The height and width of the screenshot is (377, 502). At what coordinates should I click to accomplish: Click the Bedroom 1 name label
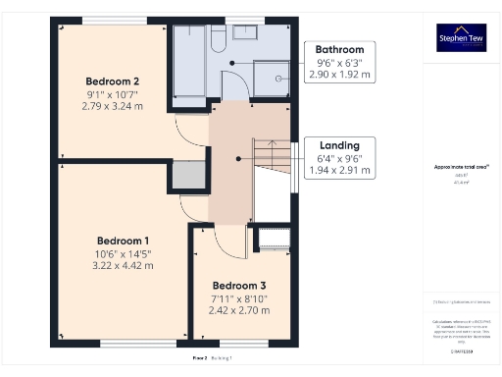coord(123,241)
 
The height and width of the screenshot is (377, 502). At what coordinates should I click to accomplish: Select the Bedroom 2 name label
coord(111,81)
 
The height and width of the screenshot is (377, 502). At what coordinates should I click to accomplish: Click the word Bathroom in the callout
coord(339,49)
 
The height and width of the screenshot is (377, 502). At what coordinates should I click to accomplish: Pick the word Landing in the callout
coord(339,145)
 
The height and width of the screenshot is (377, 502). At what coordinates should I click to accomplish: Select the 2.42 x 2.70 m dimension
coord(240,310)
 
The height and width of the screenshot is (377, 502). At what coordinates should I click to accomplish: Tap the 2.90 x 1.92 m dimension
coord(339,74)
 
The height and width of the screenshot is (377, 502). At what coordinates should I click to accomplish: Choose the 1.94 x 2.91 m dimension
coord(339,170)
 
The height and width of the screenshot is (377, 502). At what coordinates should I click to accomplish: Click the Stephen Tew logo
coord(461,37)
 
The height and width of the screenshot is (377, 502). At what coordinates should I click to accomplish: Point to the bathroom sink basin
coord(245,33)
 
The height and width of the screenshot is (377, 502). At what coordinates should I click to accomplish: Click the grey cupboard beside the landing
coord(189,176)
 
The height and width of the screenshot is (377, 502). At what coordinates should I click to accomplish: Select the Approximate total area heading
coord(461,167)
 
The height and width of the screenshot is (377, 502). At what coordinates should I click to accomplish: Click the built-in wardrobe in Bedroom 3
coord(273,238)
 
